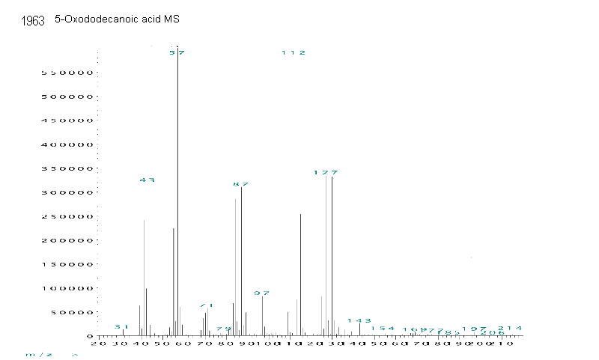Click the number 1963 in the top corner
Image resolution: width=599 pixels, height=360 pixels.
click(34, 21)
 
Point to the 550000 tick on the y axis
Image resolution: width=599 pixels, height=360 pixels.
click(58, 73)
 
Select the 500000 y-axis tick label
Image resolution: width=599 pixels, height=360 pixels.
click(58, 97)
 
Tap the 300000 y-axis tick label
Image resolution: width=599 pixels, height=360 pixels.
click(58, 192)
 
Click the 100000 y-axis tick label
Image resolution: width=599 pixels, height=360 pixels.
click(58, 288)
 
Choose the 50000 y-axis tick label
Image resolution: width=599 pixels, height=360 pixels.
click(61, 312)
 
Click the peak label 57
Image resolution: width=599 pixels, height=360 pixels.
click(177, 53)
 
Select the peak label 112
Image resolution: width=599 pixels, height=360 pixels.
click(294, 53)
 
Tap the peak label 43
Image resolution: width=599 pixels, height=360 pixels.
click(147, 180)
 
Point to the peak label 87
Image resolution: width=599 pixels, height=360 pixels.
click(240, 184)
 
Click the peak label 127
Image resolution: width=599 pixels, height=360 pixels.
click(326, 173)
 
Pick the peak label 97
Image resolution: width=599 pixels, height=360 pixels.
click(261, 293)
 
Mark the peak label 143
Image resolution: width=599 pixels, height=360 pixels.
click(359, 321)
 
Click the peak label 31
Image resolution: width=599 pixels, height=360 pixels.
click(122, 327)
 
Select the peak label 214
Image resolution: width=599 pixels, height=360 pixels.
click(510, 329)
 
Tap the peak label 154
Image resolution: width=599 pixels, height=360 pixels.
click(383, 329)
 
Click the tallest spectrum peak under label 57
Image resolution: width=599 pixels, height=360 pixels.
click(177, 187)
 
